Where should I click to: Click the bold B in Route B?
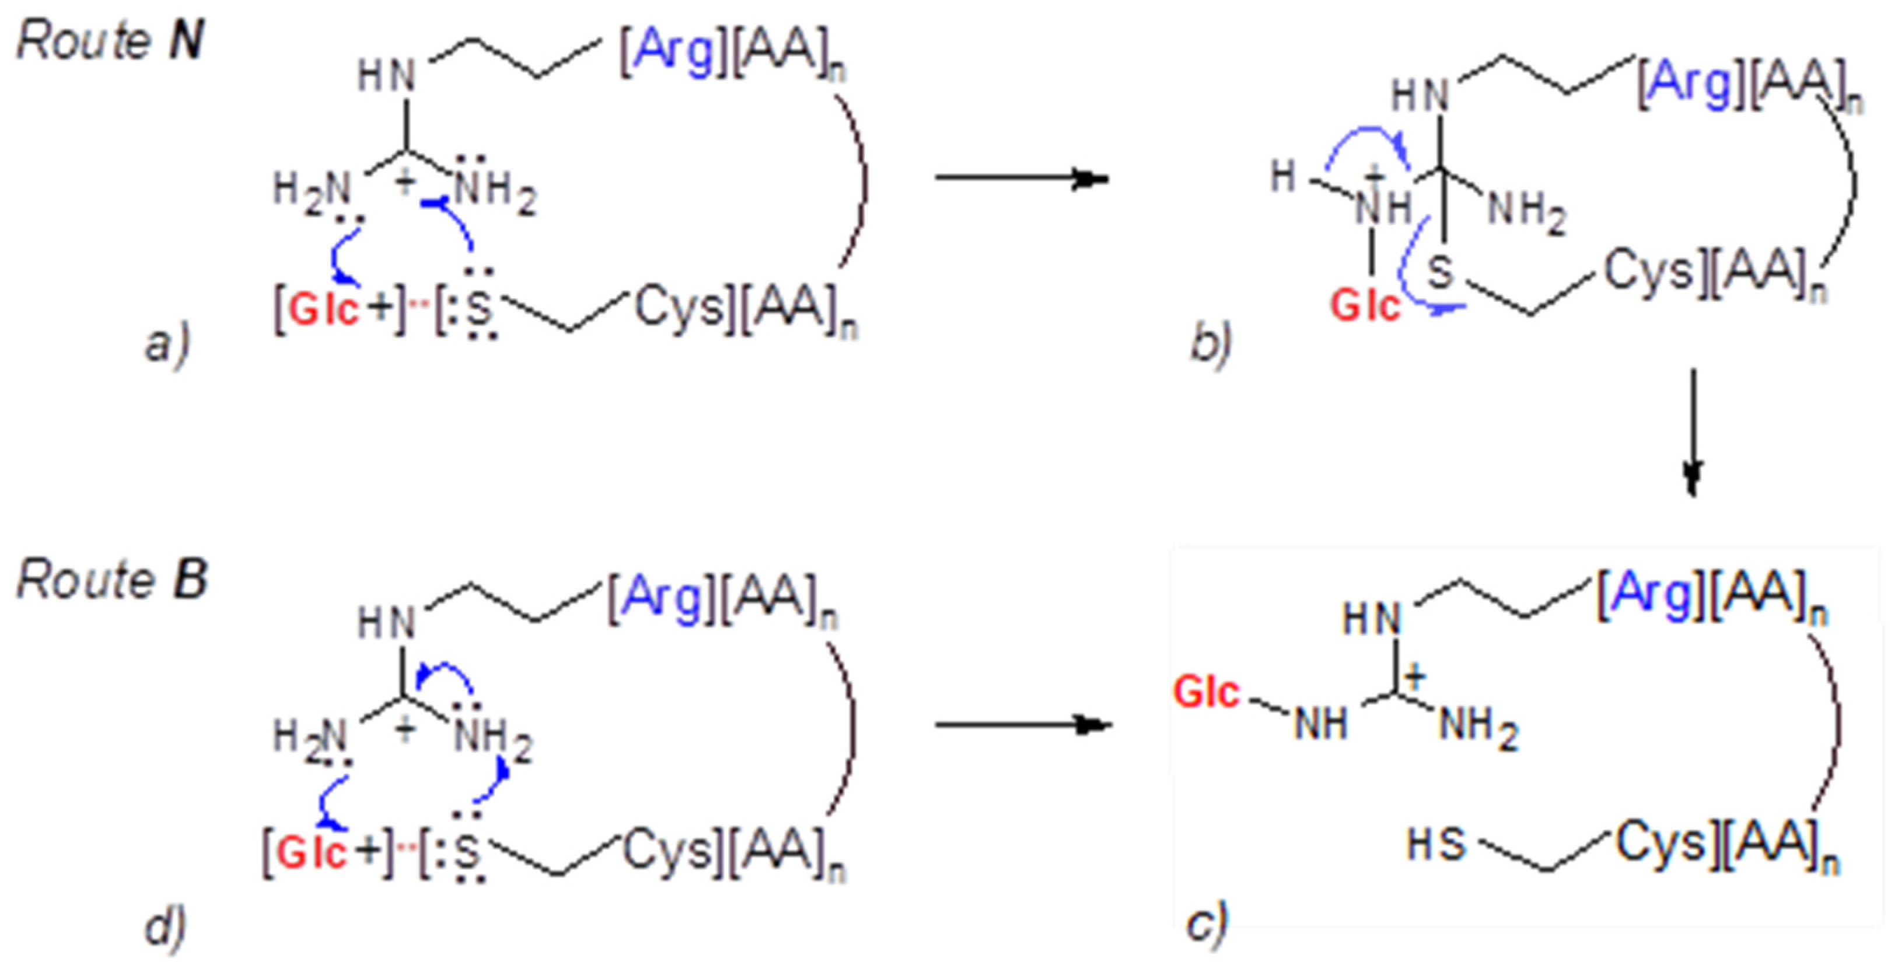point(190,579)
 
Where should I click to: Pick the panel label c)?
point(1207,922)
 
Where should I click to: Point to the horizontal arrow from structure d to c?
point(1023,725)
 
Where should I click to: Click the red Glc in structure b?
point(1365,305)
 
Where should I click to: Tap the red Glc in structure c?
point(1207,693)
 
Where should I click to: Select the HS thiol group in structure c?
point(1435,845)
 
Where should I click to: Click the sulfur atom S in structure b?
point(1441,272)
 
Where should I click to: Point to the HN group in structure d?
point(386,623)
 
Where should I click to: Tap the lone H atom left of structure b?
point(1283,177)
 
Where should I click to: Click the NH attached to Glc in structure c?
point(1321,724)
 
